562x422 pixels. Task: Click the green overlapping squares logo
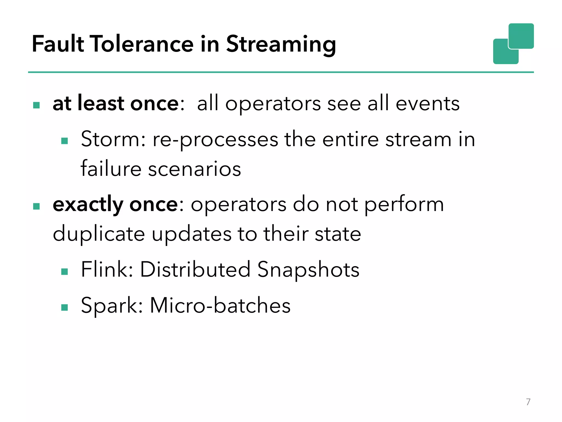coord(513,44)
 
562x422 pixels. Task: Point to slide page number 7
coord(528,402)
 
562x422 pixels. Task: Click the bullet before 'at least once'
coord(36,105)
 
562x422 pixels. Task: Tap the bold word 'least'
coord(101,103)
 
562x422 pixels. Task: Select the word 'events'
coord(428,104)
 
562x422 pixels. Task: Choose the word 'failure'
coord(111,169)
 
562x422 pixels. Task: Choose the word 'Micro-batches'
coord(220,305)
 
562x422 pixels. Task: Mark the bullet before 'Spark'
coord(64,307)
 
